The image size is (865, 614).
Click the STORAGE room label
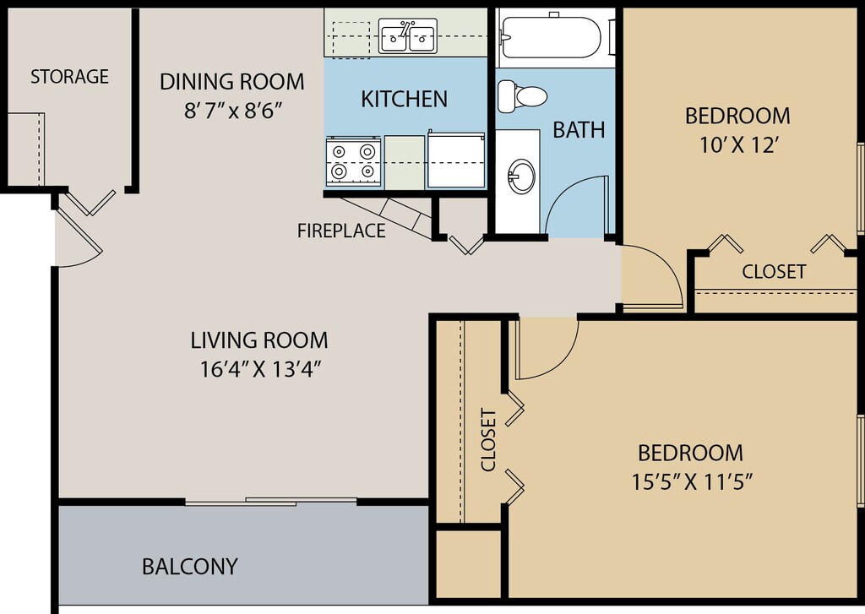pyautogui.click(x=69, y=76)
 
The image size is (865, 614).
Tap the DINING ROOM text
pyautogui.click(x=231, y=82)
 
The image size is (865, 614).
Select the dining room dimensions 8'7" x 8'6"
pyautogui.click(x=233, y=111)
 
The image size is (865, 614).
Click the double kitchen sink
pyautogui.click(x=408, y=35)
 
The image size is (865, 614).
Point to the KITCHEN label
pyautogui.click(x=405, y=100)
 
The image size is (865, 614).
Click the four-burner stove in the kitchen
pyautogui.click(x=353, y=160)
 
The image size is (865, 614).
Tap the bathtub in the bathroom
pyautogui.click(x=552, y=37)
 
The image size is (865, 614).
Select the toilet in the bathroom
pyautogui.click(x=522, y=96)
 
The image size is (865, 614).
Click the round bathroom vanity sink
pyautogui.click(x=520, y=177)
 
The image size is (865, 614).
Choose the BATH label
pyautogui.click(x=579, y=130)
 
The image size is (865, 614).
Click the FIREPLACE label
pyautogui.click(x=341, y=231)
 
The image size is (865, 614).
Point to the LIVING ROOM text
pyautogui.click(x=259, y=340)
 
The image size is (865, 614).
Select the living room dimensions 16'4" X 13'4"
pyautogui.click(x=261, y=369)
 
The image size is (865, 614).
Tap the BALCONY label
pyautogui.click(x=190, y=567)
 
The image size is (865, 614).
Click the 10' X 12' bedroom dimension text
pyautogui.click(x=738, y=145)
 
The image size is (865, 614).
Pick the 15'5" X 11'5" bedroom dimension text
pyautogui.click(x=693, y=482)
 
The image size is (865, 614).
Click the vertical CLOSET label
pyautogui.click(x=489, y=440)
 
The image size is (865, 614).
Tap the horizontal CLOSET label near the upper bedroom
pyautogui.click(x=774, y=271)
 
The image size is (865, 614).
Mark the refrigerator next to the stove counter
pyautogui.click(x=456, y=160)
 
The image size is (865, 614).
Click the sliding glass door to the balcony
pyautogui.click(x=271, y=502)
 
